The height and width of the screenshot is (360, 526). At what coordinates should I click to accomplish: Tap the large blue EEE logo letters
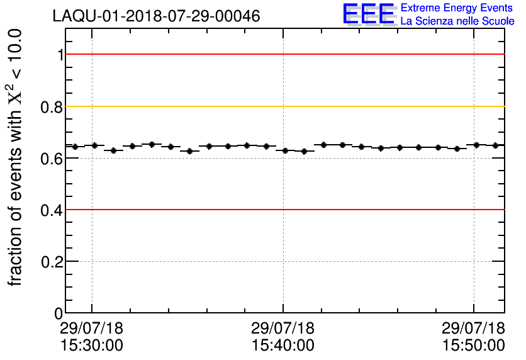tap(369, 14)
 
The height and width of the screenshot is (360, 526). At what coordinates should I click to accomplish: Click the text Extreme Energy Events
tap(457, 8)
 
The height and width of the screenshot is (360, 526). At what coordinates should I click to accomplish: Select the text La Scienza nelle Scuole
tap(457, 21)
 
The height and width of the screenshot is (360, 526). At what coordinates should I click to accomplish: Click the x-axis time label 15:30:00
tap(92, 345)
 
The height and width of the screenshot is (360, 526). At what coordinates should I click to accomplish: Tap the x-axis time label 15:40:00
tap(283, 345)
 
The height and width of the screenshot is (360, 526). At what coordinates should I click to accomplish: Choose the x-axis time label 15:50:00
tap(474, 345)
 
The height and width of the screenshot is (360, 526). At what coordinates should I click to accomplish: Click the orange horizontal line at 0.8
tap(378, 106)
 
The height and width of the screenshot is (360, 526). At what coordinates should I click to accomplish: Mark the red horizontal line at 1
tap(378, 55)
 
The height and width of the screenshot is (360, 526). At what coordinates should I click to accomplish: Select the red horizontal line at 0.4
tap(378, 210)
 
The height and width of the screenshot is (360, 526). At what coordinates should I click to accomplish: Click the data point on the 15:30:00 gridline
tap(94, 145)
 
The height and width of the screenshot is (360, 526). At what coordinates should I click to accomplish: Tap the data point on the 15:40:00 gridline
tap(286, 150)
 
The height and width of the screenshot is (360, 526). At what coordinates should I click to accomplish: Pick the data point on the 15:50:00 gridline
tap(476, 145)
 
